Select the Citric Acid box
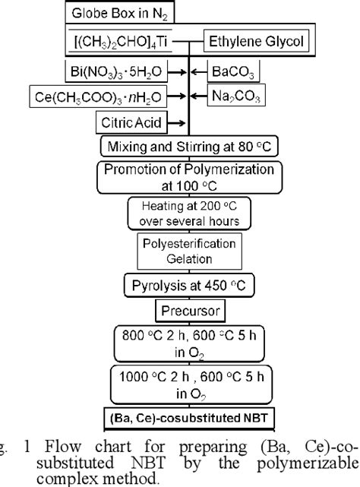coord(125,122)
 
